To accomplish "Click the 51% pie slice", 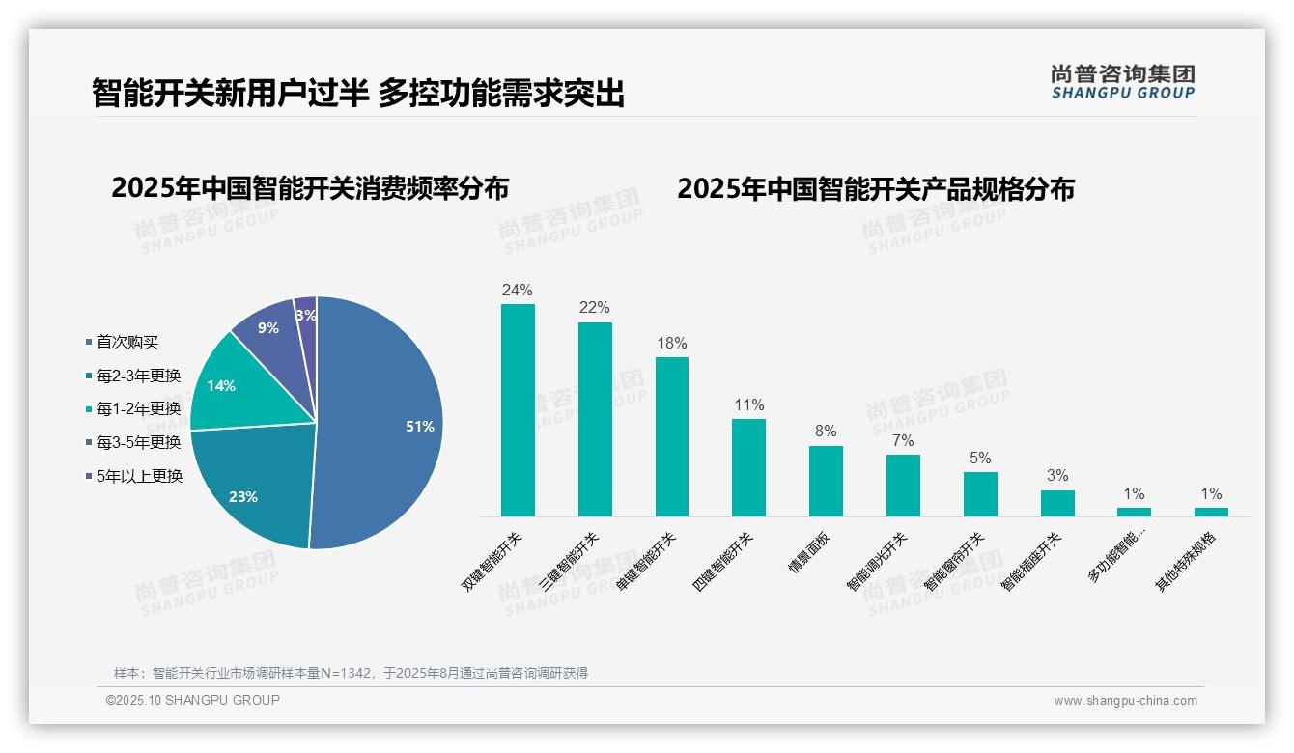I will [386, 425].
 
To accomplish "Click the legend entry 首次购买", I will [127, 342].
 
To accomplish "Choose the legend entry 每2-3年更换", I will [138, 376].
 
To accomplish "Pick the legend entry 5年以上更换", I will [139, 475].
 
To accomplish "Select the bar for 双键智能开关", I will [518, 410].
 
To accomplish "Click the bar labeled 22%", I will [595, 419].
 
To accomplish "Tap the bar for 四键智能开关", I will [748, 467].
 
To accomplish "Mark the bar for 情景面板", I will [826, 481].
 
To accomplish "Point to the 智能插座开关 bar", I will [1057, 503].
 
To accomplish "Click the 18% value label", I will [671, 344].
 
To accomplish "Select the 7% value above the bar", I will [903, 441].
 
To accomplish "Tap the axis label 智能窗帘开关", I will [953, 562].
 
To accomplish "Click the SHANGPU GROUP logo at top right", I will [1123, 81].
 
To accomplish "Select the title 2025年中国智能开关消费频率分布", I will [310, 188].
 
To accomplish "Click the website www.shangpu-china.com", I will [1125, 701].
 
